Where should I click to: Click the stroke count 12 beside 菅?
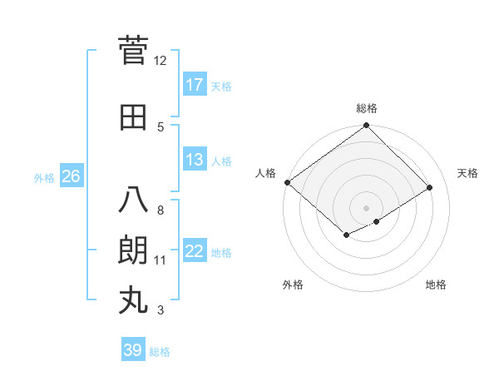161,60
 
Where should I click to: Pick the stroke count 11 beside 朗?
161,260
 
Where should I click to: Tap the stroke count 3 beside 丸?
161,310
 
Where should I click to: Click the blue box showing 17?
195,85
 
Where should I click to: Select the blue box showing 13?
195,160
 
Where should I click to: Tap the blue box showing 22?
195,251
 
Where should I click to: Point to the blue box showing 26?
71,176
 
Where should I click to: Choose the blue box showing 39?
132,351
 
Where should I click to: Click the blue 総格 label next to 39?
161,352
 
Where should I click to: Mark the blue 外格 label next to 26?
44,177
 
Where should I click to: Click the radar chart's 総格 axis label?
366,108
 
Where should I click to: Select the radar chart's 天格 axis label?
467,173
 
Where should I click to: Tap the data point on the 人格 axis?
287,182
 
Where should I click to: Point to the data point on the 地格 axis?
377,221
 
